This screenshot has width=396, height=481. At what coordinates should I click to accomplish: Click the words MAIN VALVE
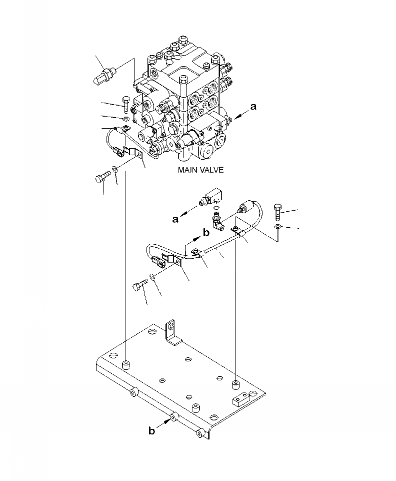(200, 170)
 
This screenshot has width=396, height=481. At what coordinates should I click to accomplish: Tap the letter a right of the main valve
(253, 107)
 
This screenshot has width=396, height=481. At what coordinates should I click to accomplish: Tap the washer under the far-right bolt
(278, 228)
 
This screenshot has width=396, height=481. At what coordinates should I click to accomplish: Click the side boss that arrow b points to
(173, 417)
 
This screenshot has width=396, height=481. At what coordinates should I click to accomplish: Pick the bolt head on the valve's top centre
(184, 79)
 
